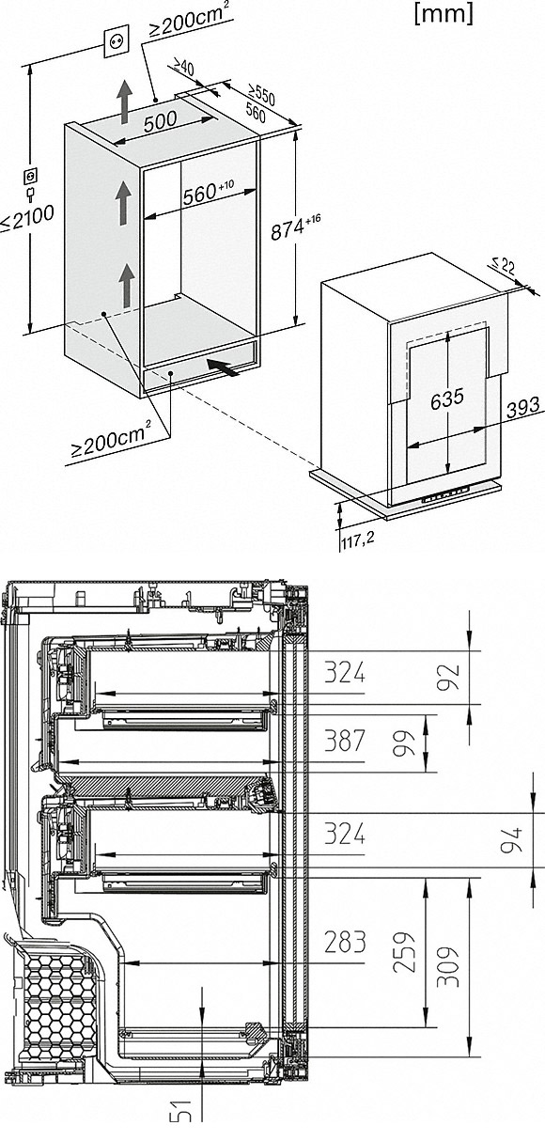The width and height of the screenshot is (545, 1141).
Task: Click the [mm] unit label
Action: (444, 14)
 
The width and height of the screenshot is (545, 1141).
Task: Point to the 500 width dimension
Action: (160, 121)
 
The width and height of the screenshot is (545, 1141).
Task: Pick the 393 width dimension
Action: (522, 405)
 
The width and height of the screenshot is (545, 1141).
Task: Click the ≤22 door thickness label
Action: (504, 266)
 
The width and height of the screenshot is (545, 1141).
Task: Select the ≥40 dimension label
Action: (183, 68)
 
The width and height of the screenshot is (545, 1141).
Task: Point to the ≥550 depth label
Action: (261, 95)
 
